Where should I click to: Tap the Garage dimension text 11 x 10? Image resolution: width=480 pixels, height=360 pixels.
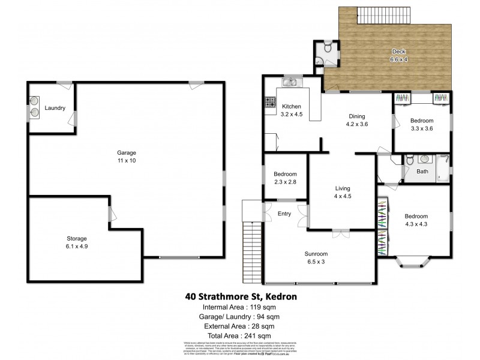126,161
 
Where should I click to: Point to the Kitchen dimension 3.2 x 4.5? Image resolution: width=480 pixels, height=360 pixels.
292,114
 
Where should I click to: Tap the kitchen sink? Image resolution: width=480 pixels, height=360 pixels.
292,83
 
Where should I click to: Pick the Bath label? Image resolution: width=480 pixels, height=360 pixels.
423,172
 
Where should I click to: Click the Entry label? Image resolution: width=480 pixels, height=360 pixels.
285,214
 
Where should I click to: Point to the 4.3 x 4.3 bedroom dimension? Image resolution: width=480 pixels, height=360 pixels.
415,224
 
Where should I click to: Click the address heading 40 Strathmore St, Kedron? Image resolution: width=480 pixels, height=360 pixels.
239,296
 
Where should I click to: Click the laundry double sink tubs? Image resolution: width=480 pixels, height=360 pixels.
34,106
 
